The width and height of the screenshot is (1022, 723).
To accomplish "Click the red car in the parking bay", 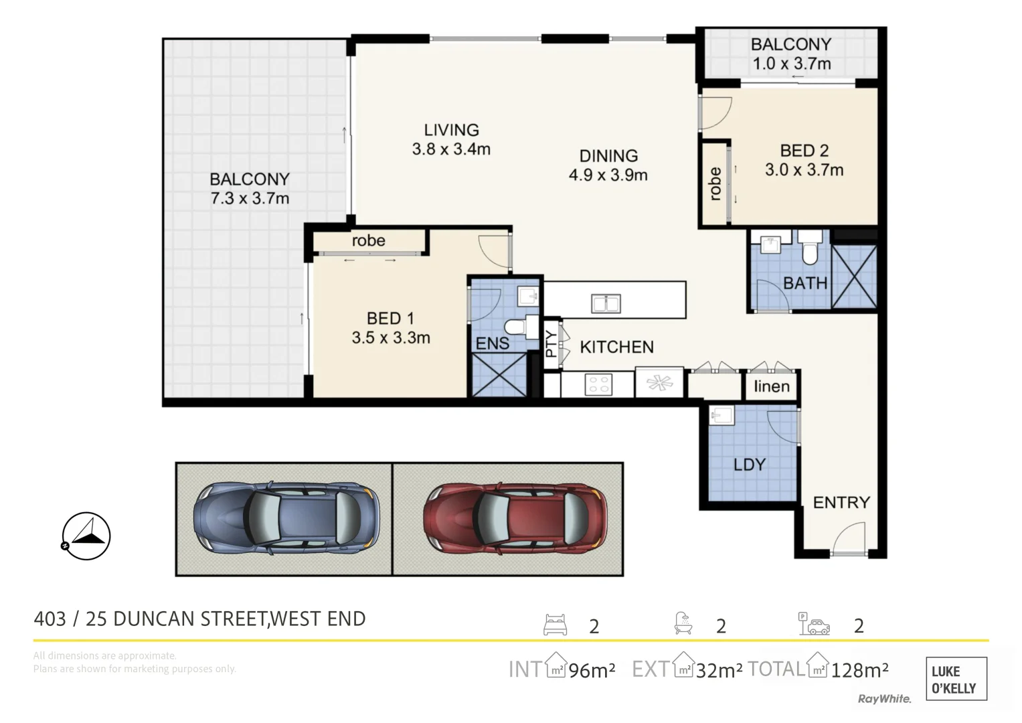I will pos(515,519).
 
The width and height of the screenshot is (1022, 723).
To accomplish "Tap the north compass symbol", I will pos(86,536).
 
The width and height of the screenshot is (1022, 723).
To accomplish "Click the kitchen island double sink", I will pos(606,303).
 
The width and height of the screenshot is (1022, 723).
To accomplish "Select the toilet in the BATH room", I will pos(810,249).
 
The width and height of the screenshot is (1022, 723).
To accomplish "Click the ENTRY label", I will pos(841,502).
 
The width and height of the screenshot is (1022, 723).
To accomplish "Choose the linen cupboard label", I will pos(771,386).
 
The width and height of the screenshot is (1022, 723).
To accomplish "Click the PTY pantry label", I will pos(551,343).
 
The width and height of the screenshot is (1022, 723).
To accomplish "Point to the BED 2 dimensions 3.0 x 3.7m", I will pos(804,170).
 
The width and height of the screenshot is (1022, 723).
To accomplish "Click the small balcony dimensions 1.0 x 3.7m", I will pos(791,64).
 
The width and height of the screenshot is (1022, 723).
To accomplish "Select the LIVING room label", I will pos(451,130).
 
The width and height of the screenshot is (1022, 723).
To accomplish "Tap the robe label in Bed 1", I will pos(368,240).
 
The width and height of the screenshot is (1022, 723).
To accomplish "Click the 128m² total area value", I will pos(859,669).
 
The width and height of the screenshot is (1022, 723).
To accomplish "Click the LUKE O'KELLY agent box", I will pos(956,679).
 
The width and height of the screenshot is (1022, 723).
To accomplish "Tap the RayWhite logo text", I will pos(884,699).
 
